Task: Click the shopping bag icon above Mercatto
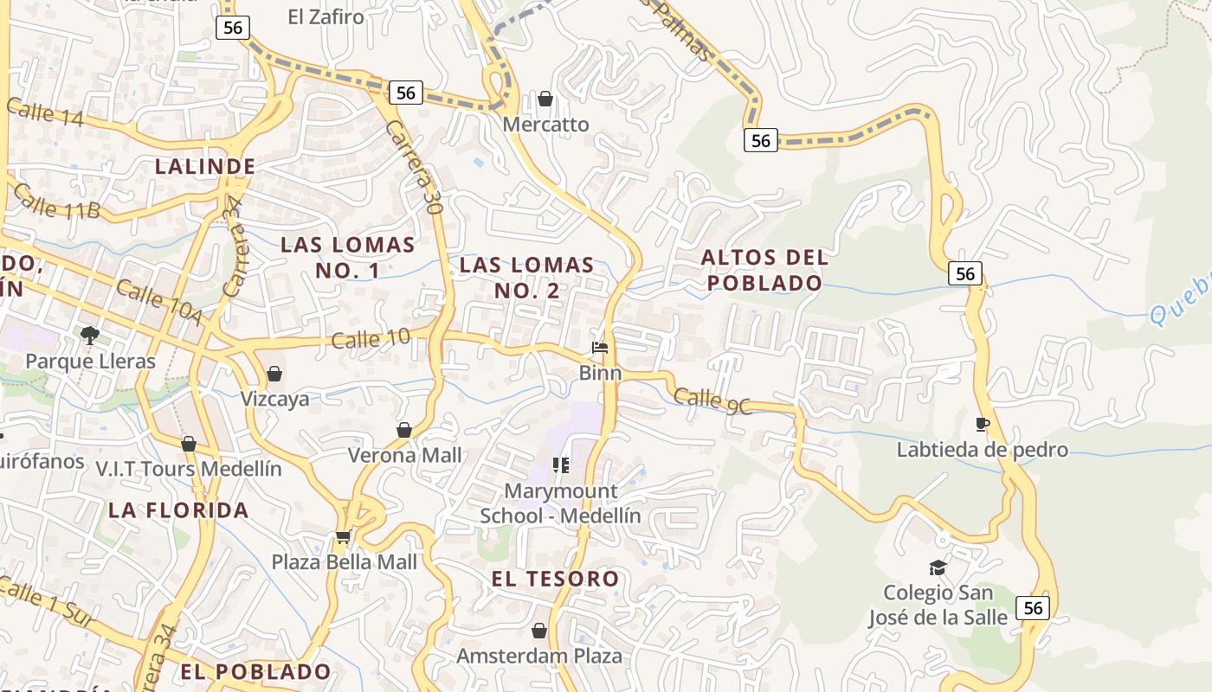tap(545, 99)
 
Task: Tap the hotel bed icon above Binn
tap(600, 348)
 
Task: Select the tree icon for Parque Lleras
tap(89, 335)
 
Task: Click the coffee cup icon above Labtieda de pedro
tap(982, 424)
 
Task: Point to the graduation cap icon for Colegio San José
tap(938, 567)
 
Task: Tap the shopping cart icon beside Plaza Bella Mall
tap(343, 537)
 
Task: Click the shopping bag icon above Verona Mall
tap(404, 430)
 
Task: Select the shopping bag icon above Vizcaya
tap(274, 374)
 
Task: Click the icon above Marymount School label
tap(561, 466)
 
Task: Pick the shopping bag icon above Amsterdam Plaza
tap(539, 631)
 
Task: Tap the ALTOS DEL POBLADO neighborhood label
tap(764, 270)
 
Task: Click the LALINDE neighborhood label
tap(205, 166)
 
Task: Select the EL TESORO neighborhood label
tap(555, 579)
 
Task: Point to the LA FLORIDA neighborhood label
tap(179, 509)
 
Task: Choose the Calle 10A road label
tap(158, 303)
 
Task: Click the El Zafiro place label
tap(326, 16)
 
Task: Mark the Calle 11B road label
tap(57, 203)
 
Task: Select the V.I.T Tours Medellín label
tap(189, 469)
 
